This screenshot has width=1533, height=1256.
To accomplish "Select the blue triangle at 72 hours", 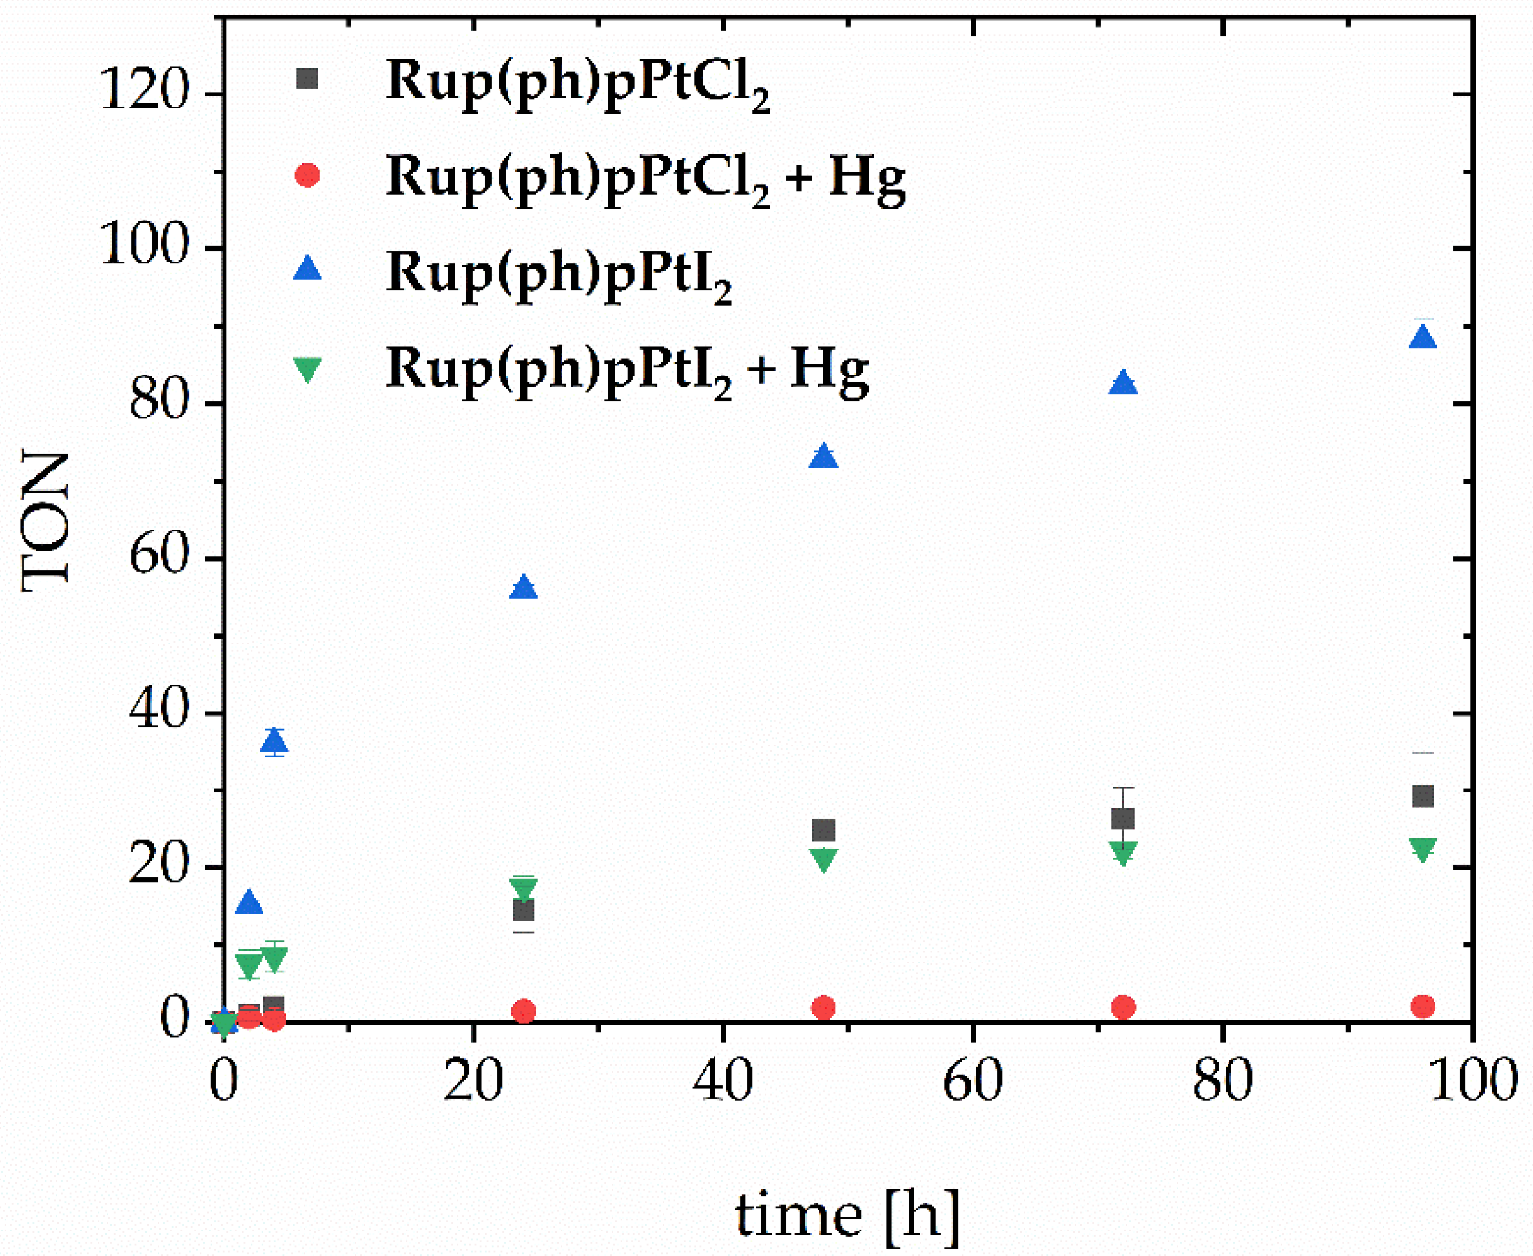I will pos(1123,384).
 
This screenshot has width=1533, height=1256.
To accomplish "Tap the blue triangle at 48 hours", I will pos(823,457).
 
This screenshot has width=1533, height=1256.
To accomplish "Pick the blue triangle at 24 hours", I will pos(524,588).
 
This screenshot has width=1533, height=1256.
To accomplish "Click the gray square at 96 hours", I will pos(1423,797).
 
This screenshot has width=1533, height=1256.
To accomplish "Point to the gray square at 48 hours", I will pos(823,830).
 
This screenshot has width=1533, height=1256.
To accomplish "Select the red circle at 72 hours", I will pos(1123,1007).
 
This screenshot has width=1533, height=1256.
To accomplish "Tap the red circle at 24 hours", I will pos(524,1011).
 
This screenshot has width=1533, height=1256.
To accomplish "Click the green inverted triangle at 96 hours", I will pos(1423,849).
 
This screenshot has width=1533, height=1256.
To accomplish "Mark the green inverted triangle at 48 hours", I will pos(824,860).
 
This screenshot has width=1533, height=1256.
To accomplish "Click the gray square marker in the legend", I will pos(307,78).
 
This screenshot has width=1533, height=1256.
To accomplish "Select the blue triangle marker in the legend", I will pos(307,269).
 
